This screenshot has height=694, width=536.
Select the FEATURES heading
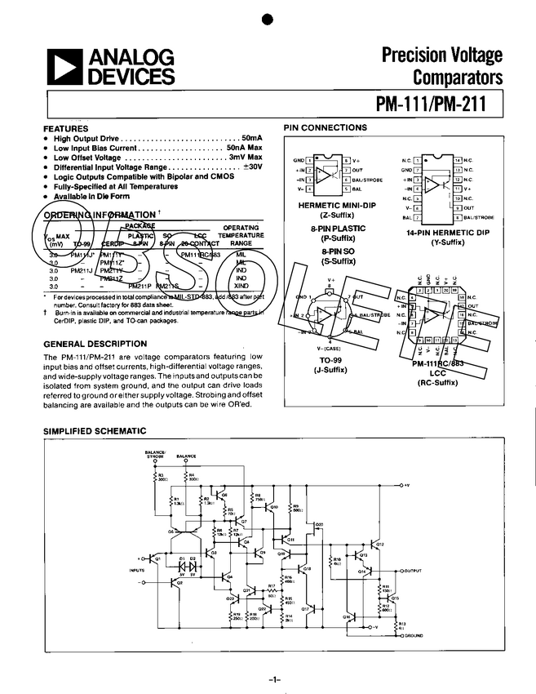tap(65, 129)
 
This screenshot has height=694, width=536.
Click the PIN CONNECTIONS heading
tap(325, 127)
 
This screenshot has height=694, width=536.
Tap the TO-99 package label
tap(332, 361)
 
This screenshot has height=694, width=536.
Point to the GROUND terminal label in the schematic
tap(413, 635)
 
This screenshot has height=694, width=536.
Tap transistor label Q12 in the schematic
tap(379, 544)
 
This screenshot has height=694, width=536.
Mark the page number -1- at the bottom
tap(273, 679)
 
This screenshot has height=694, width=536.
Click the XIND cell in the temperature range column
tap(241, 286)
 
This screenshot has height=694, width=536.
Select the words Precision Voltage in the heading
tap(443, 56)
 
